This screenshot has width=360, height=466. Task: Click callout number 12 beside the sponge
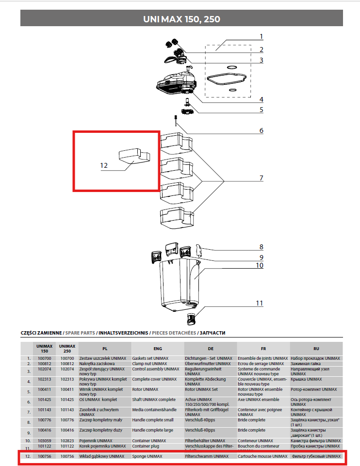click(104, 165)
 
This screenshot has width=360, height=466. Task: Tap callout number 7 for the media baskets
click(261, 178)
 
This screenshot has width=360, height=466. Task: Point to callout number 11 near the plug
click(260, 303)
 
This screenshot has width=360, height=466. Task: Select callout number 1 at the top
click(261, 37)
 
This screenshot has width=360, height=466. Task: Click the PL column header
click(104, 348)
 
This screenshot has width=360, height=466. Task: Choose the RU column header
click(316, 348)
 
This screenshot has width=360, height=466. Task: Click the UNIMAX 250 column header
click(67, 348)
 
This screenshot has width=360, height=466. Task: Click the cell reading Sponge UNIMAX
click(147, 456)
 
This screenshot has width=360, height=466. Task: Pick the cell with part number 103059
click(45, 440)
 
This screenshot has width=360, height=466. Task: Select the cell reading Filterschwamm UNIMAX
click(207, 456)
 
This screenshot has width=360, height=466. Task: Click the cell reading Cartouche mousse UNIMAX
click(262, 456)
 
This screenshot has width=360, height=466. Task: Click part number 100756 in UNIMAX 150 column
click(45, 456)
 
